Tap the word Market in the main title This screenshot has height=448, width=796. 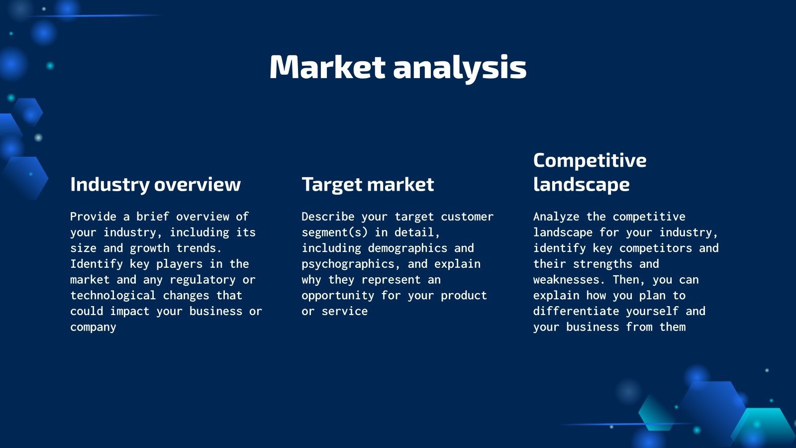point(327,67)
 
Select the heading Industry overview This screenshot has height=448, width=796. point(155,184)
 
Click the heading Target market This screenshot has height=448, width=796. point(368,185)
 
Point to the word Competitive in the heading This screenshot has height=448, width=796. point(590,160)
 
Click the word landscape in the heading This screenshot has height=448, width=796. point(582,185)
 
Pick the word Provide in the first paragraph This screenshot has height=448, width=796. point(93,217)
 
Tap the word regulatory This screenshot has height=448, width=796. point(202,280)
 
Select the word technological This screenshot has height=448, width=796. point(113,296)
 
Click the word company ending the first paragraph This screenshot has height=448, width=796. point(93,328)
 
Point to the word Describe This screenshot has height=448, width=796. point(328,217)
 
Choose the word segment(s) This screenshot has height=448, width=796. point(334,232)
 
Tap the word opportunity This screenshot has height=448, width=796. point(338,296)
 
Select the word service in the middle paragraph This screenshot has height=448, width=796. point(344,312)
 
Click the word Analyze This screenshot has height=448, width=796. point(556,217)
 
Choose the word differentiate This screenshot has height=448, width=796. point(576,311)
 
